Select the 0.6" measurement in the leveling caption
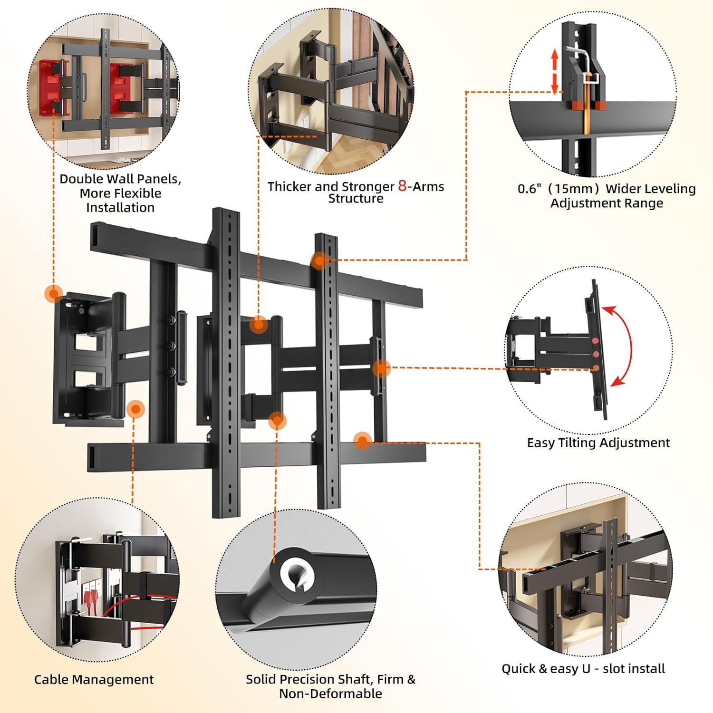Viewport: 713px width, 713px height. pos(530,189)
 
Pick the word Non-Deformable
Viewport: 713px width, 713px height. pos(330,694)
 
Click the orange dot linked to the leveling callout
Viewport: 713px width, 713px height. pos(320,260)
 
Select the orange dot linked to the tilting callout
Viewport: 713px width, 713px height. pos(381,368)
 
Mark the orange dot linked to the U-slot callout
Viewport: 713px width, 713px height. pos(363,441)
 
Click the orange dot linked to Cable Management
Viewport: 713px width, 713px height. pos(136,409)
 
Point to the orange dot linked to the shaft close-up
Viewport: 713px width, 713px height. pos(277,420)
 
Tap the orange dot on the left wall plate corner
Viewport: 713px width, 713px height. pos(54,293)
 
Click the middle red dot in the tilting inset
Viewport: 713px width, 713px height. pos(595,354)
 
